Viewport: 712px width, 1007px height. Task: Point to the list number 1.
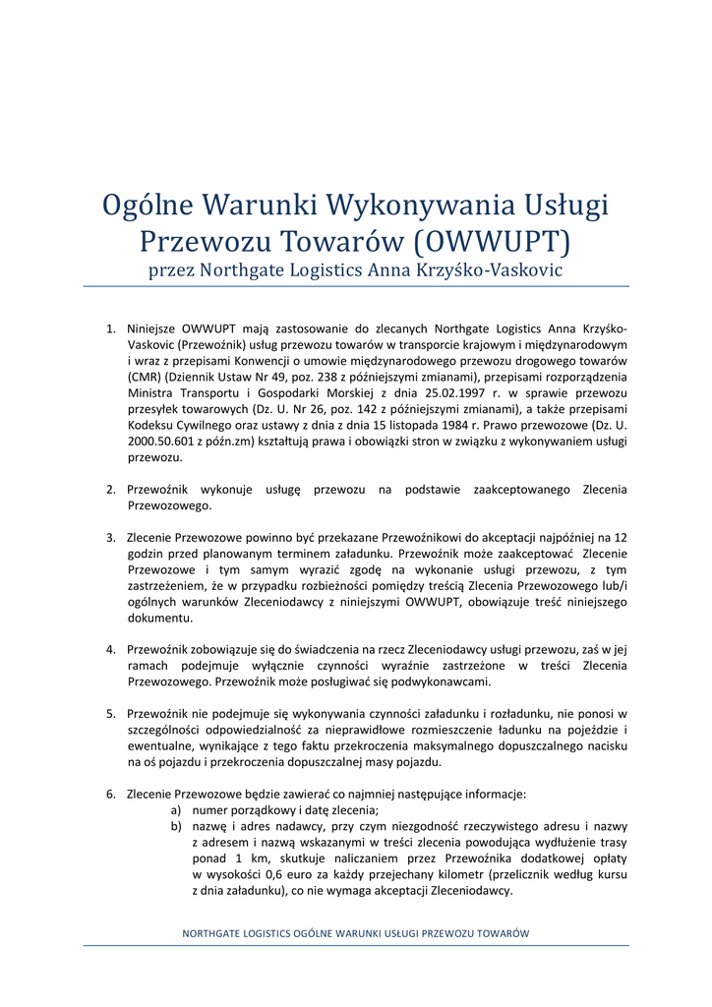pyautogui.click(x=110, y=328)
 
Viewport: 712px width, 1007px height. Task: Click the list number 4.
pyautogui.click(x=110, y=649)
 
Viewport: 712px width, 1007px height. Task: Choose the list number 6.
pyautogui.click(x=110, y=794)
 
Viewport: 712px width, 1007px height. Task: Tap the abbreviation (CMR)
pyautogui.click(x=145, y=377)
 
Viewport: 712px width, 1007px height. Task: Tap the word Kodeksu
pyautogui.click(x=155, y=426)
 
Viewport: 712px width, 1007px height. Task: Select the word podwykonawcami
pyautogui.click(x=442, y=681)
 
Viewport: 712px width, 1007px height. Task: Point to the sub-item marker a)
pyautogui.click(x=176, y=809)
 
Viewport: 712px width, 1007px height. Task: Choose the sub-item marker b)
pyautogui.click(x=176, y=826)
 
